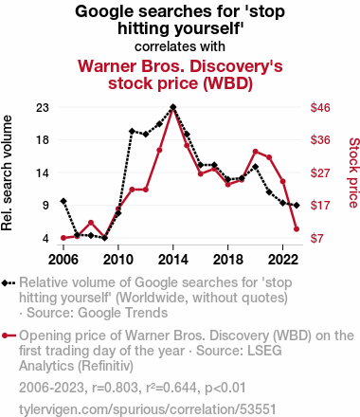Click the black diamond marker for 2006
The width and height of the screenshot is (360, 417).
[63, 201]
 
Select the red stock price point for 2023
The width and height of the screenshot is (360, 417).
[297, 229]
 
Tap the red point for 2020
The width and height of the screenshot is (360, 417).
[256, 152]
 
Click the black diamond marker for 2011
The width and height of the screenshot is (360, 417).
[132, 131]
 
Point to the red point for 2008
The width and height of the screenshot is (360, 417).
[91, 223]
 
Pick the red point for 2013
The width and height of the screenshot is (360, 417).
[159, 150]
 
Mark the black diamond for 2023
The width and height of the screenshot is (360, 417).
[297, 206]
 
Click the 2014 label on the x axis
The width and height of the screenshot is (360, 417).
[173, 260]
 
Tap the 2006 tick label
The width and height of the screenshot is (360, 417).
[63, 260]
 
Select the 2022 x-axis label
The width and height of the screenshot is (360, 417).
[283, 260]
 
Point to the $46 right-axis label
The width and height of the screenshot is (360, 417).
[320, 108]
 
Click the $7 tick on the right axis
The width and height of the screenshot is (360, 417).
[316, 238]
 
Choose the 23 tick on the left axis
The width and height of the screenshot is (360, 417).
[43, 108]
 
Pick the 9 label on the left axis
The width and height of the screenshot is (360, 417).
[46, 206]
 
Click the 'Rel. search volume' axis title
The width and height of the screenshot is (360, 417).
[7, 172]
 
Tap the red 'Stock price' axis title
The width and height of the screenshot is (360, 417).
[354, 172]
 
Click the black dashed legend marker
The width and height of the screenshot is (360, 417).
[9, 283]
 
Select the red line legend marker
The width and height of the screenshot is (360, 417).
[9, 335]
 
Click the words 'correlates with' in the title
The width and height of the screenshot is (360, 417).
[180, 46]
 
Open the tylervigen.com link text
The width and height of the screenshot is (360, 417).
[148, 409]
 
